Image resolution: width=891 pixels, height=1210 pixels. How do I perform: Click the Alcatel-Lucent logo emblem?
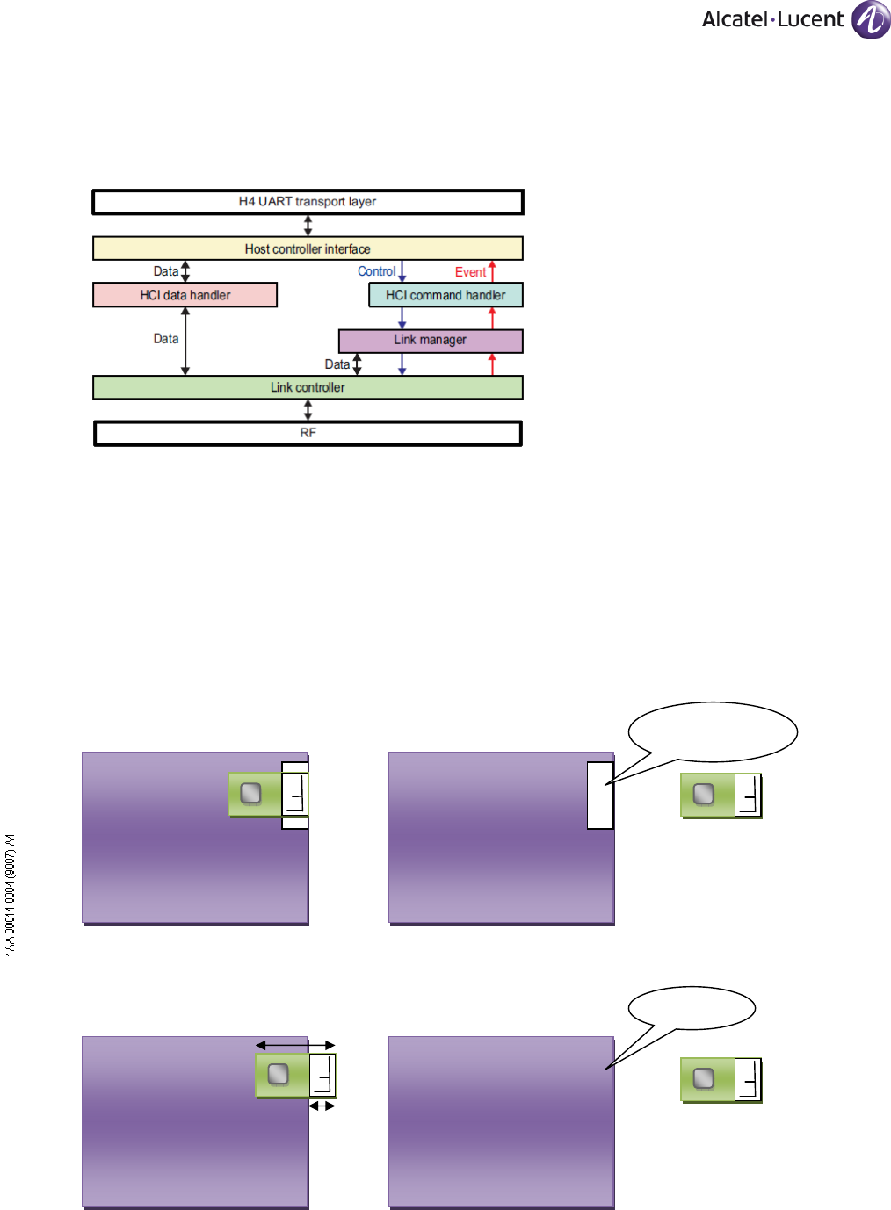(x=871, y=19)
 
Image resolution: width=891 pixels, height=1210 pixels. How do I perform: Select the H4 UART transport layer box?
(x=308, y=202)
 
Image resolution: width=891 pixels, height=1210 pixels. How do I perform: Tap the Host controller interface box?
(x=308, y=248)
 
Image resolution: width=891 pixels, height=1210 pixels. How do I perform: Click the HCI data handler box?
(x=185, y=295)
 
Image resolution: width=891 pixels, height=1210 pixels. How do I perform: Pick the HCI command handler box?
(x=445, y=295)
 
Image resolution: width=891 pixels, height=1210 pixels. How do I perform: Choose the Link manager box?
(x=431, y=341)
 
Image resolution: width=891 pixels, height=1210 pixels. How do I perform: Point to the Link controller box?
(x=308, y=387)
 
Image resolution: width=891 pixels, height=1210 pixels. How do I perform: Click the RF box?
(x=308, y=434)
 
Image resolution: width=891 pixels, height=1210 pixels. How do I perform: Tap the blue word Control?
(x=376, y=271)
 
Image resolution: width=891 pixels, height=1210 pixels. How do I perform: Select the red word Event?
(x=470, y=272)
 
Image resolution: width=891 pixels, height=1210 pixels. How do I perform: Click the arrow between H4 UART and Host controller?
(x=308, y=226)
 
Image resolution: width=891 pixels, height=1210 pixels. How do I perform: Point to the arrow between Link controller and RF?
(x=308, y=410)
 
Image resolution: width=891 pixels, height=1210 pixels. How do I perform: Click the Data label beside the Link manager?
(x=337, y=364)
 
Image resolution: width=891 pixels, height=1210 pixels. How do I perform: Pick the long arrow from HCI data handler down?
(x=185, y=342)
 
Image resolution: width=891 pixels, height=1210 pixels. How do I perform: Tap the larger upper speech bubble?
(x=714, y=731)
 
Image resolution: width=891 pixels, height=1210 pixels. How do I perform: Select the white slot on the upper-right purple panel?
(x=600, y=796)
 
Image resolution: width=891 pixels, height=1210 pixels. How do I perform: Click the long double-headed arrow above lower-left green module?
(x=295, y=1045)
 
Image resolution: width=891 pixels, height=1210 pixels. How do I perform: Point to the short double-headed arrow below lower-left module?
(x=322, y=1106)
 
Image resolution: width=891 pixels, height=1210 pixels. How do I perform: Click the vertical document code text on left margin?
(x=10, y=895)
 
